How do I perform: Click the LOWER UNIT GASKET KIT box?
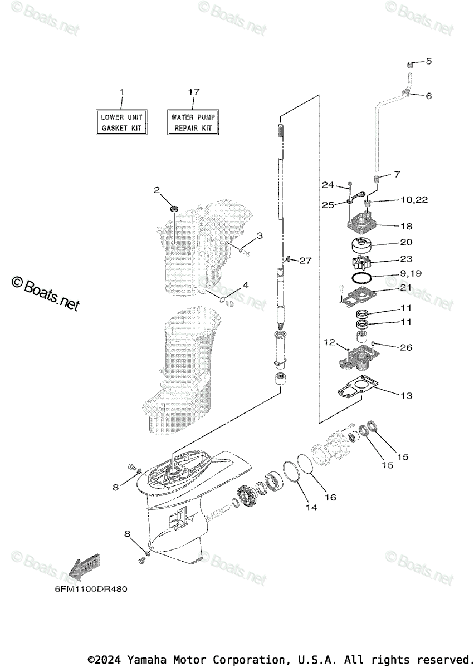click(x=122, y=122)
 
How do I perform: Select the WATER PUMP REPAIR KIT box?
click(x=192, y=122)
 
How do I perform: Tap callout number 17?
click(x=193, y=91)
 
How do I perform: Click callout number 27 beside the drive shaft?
click(x=305, y=260)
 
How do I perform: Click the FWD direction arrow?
click(x=84, y=568)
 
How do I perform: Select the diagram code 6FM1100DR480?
click(x=87, y=589)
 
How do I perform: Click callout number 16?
click(x=330, y=497)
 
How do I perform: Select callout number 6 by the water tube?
click(x=428, y=96)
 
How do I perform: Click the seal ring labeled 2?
click(x=175, y=209)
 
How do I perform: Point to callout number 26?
click(x=406, y=348)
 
